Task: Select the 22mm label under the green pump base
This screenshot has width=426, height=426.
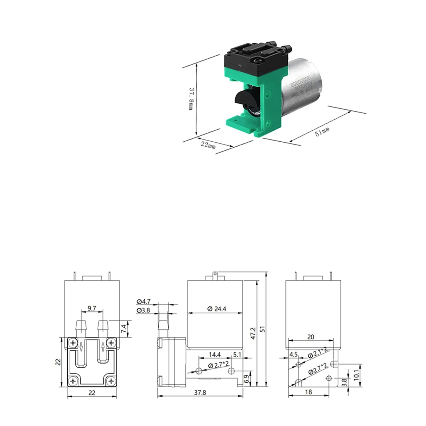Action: (x=208, y=144)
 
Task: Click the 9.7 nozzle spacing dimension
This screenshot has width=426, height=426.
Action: (x=92, y=308)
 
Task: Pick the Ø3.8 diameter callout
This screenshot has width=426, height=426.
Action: (x=143, y=311)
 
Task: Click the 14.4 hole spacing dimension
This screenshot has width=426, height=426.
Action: (x=215, y=354)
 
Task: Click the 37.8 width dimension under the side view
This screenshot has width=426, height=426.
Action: (x=200, y=392)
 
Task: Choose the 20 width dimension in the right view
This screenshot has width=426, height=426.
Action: (x=310, y=337)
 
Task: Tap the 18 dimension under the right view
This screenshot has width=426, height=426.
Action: (x=308, y=392)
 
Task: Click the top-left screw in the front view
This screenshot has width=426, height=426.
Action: (x=73, y=343)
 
